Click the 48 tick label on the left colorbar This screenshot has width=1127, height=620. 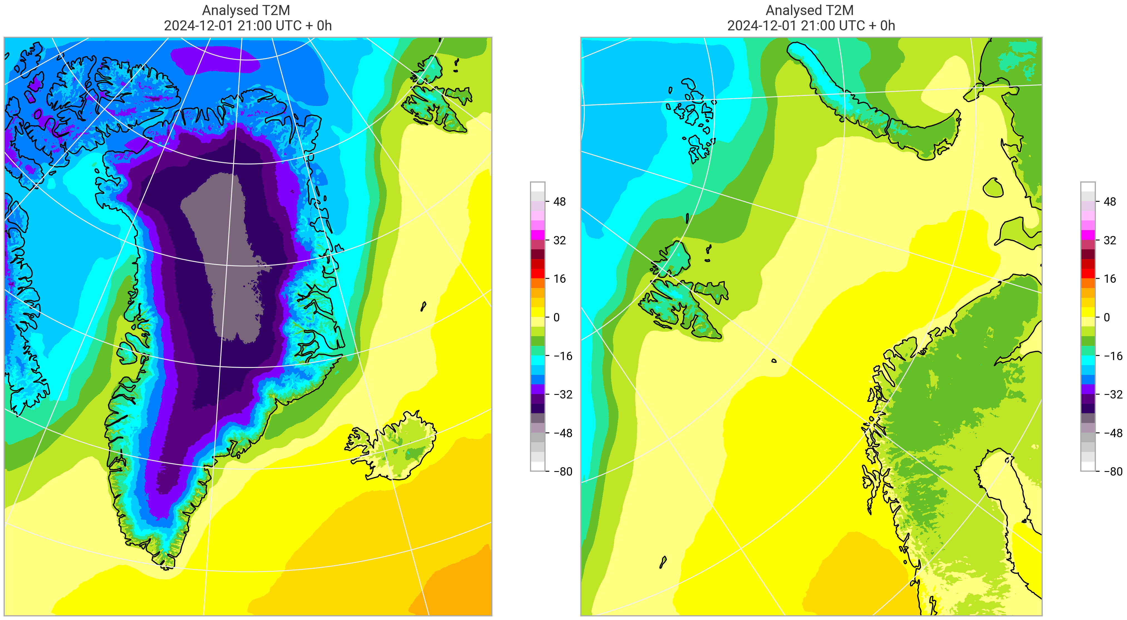pyautogui.click(x=559, y=202)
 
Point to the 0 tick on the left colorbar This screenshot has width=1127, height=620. pyautogui.click(x=556, y=317)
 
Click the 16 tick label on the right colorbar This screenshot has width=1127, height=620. pyautogui.click(x=1109, y=279)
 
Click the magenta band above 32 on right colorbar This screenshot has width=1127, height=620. pyautogui.click(x=1087, y=235)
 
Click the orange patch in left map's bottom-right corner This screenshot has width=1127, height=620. pyautogui.click(x=459, y=591)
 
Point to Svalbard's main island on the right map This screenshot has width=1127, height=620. pyautogui.click(x=680, y=302)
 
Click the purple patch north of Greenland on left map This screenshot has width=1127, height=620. pyautogui.click(x=214, y=59)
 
